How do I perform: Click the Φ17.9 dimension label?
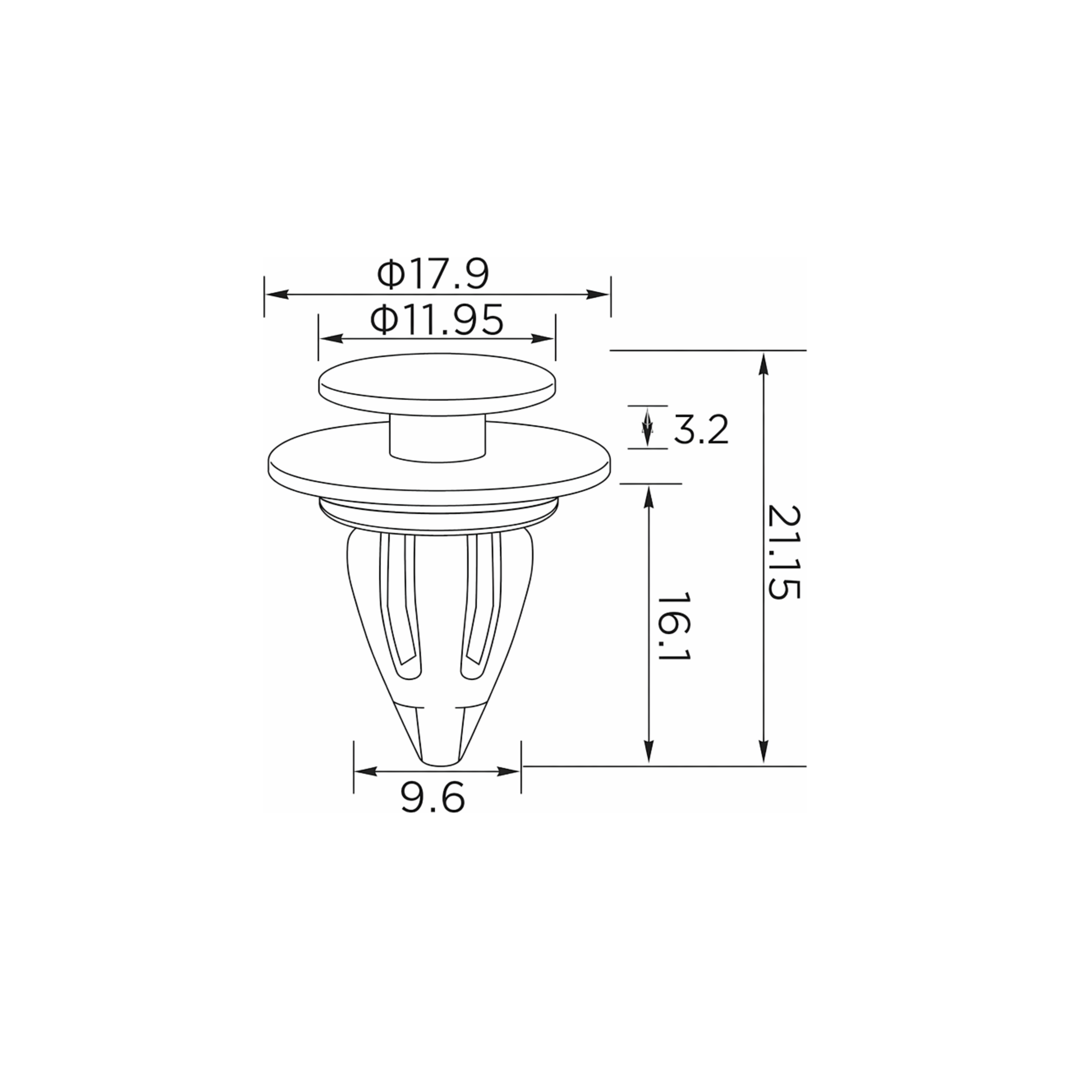pos(433,275)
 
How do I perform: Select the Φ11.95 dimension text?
pos(437,320)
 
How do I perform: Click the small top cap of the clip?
pos(437,384)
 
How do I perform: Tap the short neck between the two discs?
pos(437,439)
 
